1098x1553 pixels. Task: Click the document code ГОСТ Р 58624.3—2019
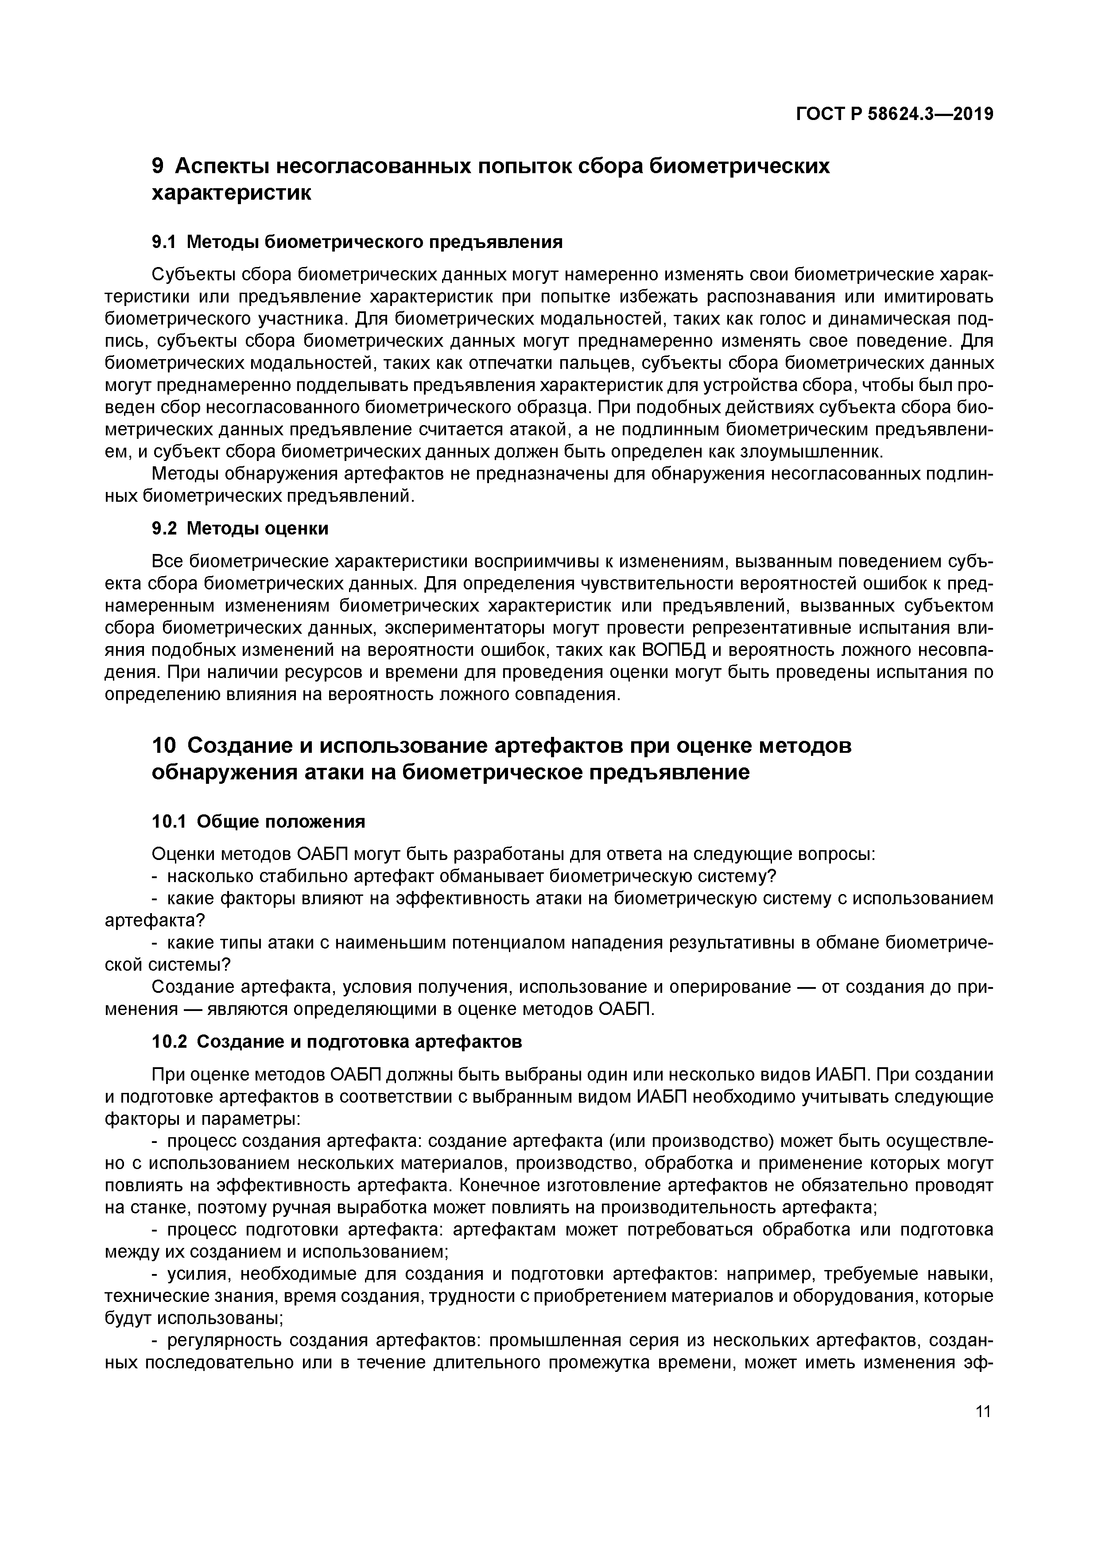pyautogui.click(x=894, y=115)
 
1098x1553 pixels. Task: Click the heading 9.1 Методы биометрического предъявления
pyautogui.click(x=357, y=241)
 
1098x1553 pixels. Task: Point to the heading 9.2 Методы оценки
pyautogui.click(x=240, y=528)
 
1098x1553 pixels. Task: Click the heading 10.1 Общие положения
pyautogui.click(x=258, y=821)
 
